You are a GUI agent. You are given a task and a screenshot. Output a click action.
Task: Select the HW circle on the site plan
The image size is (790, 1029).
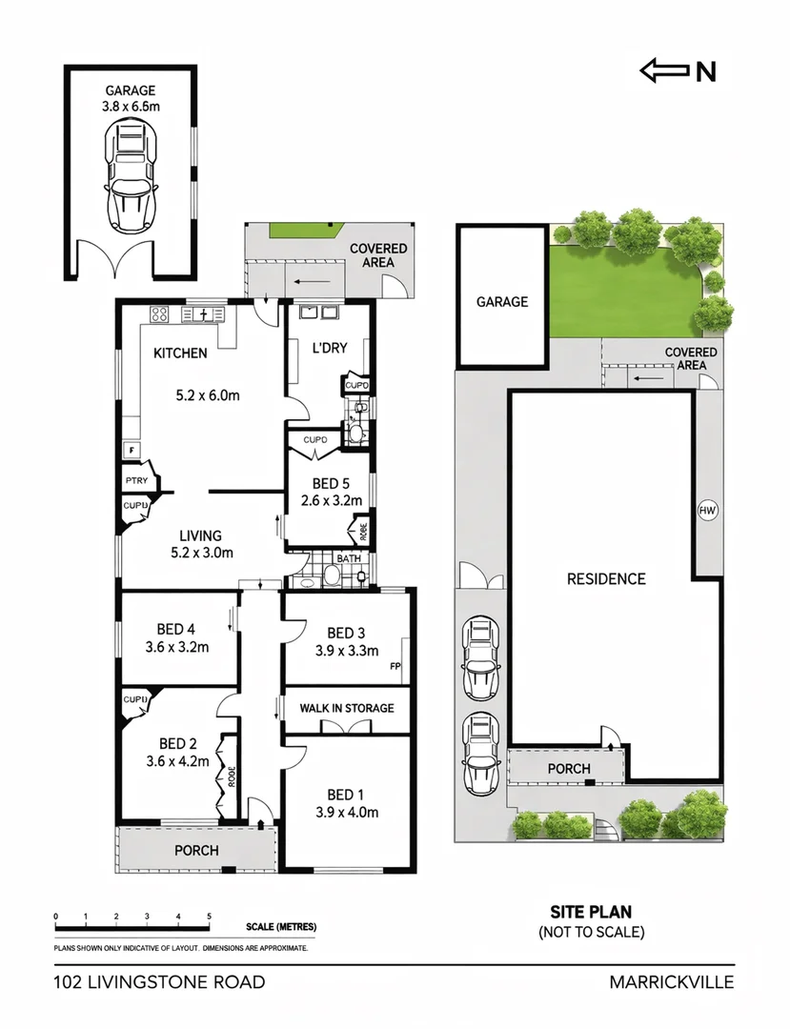coord(707,511)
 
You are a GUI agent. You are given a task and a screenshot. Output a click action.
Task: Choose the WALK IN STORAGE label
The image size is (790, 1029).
coord(346,708)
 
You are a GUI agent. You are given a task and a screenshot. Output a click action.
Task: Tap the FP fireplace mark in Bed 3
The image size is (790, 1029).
coord(395,667)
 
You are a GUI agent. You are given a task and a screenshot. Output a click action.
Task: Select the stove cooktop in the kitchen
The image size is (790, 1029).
coord(158,314)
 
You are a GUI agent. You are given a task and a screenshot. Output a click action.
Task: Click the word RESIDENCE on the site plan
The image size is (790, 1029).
coord(606,578)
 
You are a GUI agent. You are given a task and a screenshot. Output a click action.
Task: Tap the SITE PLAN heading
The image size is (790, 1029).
coord(591,912)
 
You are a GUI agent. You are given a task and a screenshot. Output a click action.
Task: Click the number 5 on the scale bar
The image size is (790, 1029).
coord(208,917)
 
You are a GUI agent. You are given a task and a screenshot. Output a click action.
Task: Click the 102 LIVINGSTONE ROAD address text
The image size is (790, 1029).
coord(159,982)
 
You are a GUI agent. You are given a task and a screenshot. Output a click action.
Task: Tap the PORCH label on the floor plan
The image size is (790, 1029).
coord(195,850)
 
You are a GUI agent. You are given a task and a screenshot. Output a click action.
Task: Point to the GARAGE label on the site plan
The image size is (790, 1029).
coord(502,302)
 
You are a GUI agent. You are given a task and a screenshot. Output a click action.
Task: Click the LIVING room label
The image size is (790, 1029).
coord(197,535)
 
